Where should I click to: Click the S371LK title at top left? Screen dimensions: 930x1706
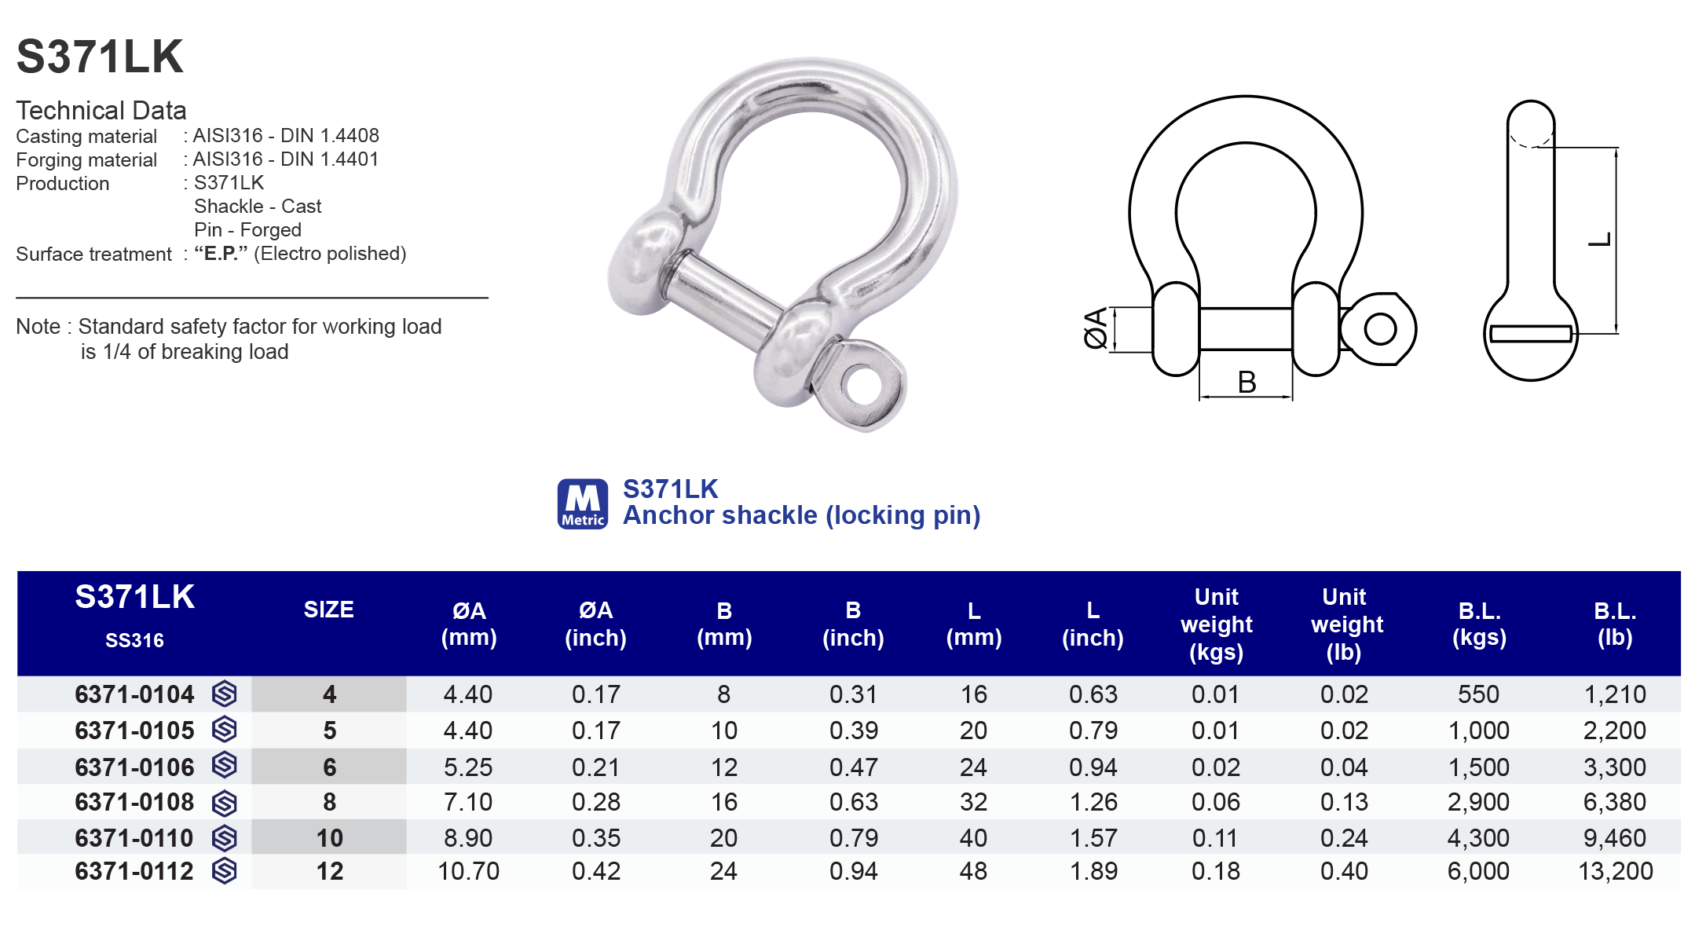[100, 57]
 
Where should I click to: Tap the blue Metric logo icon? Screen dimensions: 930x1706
[582, 503]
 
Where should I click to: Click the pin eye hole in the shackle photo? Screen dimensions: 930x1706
[864, 385]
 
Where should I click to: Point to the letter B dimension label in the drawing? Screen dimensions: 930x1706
[1247, 383]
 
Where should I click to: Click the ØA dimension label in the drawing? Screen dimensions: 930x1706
[1095, 328]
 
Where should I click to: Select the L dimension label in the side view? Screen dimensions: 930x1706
[1600, 240]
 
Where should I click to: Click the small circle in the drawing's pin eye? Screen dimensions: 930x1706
[1380, 328]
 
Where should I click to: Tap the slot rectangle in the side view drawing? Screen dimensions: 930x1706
[1530, 334]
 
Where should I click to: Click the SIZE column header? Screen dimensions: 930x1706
[328, 610]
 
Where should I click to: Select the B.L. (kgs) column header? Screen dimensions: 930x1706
[1479, 624]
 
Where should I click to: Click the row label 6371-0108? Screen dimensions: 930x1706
[134, 802]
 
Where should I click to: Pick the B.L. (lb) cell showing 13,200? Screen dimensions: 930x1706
[1615, 871]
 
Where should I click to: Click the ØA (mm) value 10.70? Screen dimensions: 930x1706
[468, 871]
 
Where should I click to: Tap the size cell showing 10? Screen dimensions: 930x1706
[329, 838]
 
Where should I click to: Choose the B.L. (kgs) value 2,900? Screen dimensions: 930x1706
[1478, 802]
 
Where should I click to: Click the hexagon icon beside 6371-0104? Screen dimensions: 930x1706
[225, 694]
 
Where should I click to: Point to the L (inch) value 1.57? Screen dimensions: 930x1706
[1093, 838]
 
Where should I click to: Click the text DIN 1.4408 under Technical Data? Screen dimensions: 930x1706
[330, 136]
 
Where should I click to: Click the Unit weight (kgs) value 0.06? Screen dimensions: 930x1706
[1215, 802]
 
